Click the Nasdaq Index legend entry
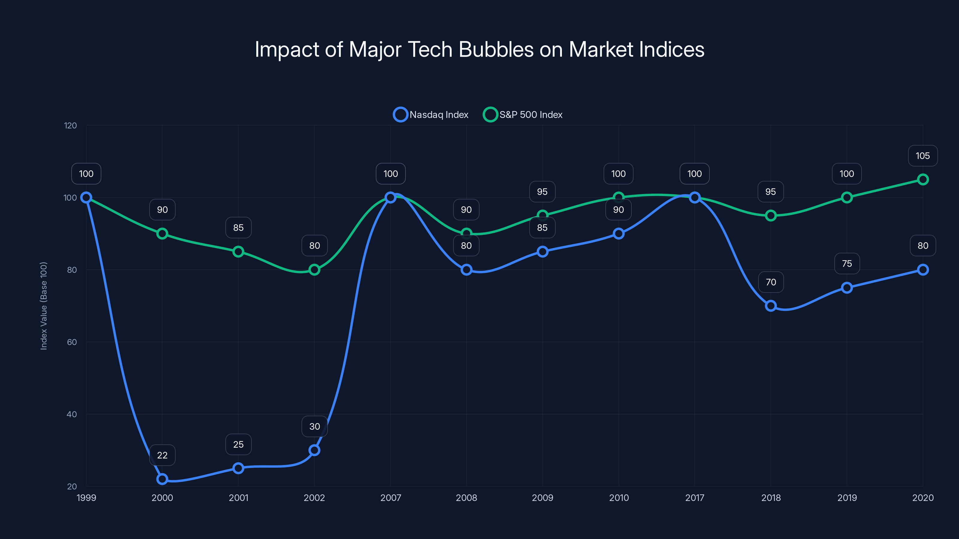[431, 115]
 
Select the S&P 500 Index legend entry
[523, 115]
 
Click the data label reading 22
[162, 455]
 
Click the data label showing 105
[922, 156]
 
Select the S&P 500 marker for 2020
[922, 180]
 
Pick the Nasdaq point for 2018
[770, 306]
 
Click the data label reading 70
[770, 282]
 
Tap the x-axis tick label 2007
[390, 498]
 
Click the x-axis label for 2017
[695, 498]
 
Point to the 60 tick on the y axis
[72, 342]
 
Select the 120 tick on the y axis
[70, 125]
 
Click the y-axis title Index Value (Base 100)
[43, 306]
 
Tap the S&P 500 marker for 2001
[238, 252]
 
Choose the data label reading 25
[238, 444]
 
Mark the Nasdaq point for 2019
[847, 287]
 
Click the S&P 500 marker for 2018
[770, 215]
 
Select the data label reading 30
[315, 426]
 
